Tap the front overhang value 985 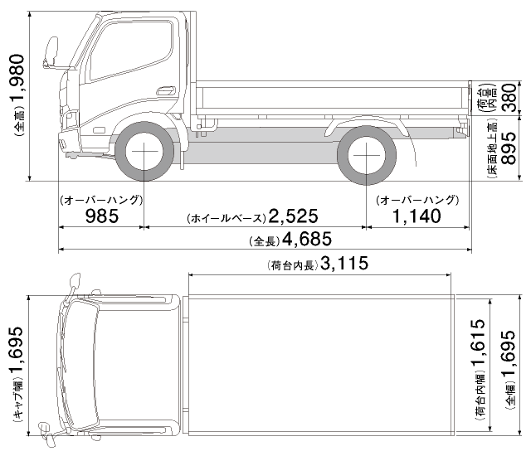102,216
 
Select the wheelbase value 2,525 295,217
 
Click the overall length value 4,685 306,240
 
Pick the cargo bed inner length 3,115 343,264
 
